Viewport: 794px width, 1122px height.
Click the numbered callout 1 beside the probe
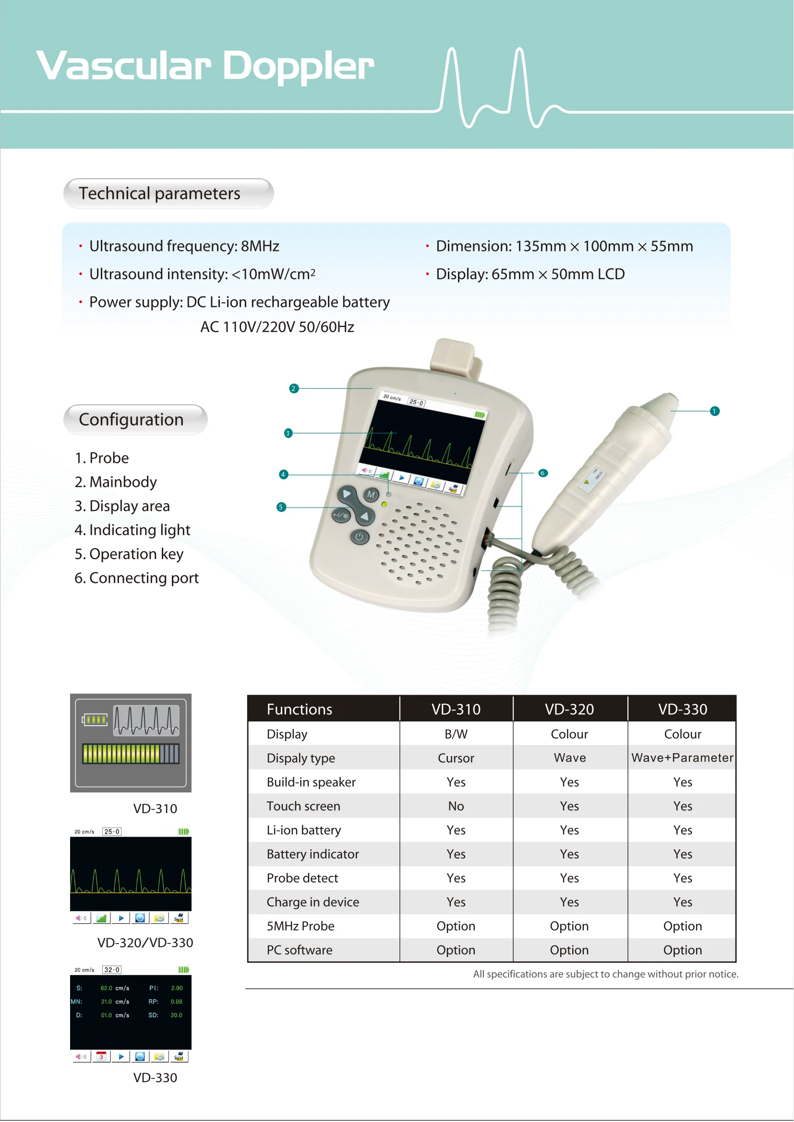click(714, 412)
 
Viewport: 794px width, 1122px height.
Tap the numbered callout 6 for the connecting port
click(542, 473)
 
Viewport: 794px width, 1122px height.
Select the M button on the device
click(371, 495)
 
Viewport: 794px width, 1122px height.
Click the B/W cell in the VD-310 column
click(456, 734)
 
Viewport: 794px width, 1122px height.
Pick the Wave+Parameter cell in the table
click(682, 758)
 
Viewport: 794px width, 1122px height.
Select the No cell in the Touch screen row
click(456, 806)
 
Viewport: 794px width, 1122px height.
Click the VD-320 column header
click(569, 709)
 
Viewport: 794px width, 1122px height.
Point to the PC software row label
click(299, 950)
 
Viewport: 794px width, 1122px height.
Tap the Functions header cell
click(299, 709)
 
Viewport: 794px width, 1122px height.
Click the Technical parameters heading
click(159, 193)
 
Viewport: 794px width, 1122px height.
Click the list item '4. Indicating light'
click(132, 530)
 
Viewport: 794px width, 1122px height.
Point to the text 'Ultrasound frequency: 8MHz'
click(184, 246)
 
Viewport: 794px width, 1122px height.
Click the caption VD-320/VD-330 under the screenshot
click(145, 943)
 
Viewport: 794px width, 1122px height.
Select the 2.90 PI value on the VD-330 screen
click(177, 988)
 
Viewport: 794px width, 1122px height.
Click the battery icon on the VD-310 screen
click(95, 720)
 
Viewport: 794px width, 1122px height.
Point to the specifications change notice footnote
click(605, 974)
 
